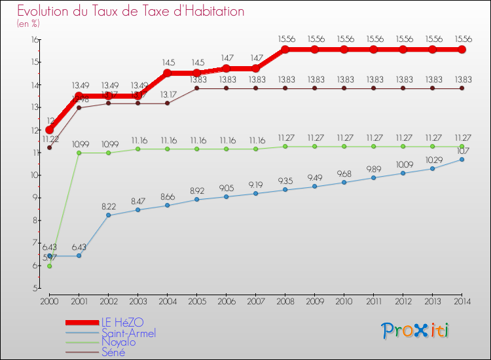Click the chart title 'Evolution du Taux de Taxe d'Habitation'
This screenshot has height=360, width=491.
tap(131, 11)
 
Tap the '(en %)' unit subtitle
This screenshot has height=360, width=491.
tap(29, 24)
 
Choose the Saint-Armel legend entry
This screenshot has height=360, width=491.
tap(128, 333)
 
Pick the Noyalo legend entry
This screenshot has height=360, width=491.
tap(118, 342)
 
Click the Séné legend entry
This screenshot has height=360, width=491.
tap(113, 352)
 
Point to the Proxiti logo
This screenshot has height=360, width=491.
tap(416, 331)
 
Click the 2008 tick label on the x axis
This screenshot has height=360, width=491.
tap(285, 301)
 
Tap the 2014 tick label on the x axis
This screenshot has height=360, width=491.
tap(462, 301)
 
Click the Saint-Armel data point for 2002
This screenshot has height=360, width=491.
tap(109, 215)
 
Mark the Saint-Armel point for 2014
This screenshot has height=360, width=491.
tap(462, 159)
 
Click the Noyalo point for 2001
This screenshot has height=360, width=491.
tap(79, 153)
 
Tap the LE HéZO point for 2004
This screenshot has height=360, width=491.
tap(168, 73)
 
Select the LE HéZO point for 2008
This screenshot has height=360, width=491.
tap(285, 50)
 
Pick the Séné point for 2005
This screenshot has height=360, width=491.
tap(197, 88)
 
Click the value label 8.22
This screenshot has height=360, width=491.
tap(109, 206)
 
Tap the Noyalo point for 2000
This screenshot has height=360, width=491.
tap(50, 266)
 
